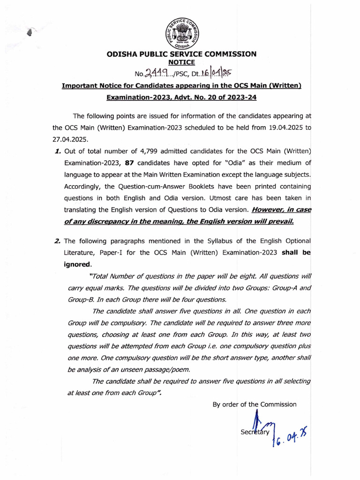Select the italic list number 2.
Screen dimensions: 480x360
[58, 241]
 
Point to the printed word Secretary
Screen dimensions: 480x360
[255, 432]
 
